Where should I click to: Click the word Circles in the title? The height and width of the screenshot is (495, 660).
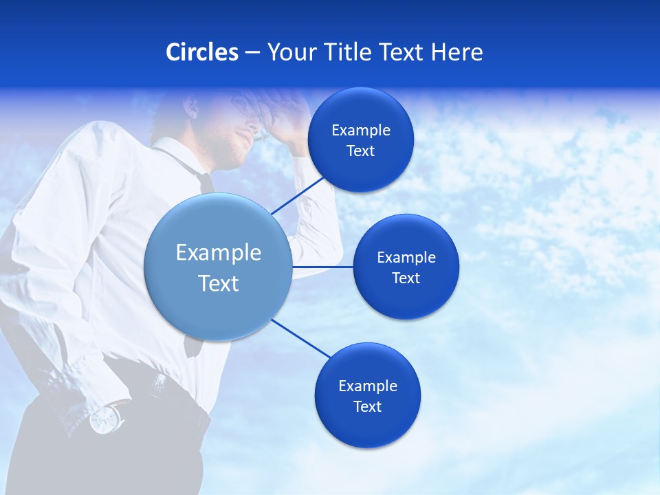[x=201, y=52]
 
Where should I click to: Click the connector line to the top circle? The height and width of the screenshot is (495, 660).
[x=298, y=195]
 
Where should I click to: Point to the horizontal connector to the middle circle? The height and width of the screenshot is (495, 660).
[x=322, y=267]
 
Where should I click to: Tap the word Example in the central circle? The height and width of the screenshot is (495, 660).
[x=219, y=252]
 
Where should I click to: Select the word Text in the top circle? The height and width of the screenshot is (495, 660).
[x=361, y=151]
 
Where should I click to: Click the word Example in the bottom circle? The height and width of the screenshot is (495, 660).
[x=367, y=386]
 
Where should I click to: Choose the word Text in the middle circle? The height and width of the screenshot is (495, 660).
[x=406, y=278]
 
